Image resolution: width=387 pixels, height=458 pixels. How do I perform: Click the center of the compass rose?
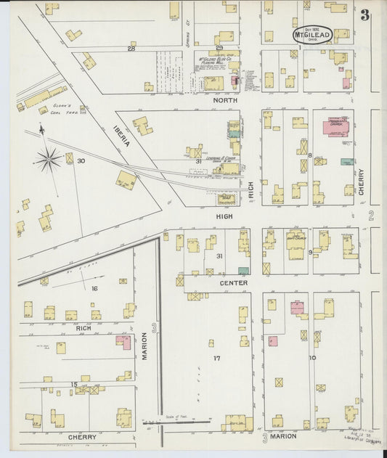tap(49, 159)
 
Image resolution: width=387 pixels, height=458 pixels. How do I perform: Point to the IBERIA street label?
tap(121, 134)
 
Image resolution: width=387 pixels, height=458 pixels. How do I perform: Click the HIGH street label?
tap(223, 216)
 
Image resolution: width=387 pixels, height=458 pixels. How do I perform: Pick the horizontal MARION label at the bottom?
tap(283, 437)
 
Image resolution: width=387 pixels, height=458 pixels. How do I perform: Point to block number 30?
tap(81, 160)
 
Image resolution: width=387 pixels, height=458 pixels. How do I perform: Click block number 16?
tap(94, 288)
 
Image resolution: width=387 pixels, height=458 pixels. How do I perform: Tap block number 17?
tap(216, 359)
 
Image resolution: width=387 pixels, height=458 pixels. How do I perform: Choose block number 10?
tap(312, 359)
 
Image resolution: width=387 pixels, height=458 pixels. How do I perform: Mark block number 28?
tap(131, 49)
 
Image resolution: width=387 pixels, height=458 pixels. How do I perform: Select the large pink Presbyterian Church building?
tap(337, 128)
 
